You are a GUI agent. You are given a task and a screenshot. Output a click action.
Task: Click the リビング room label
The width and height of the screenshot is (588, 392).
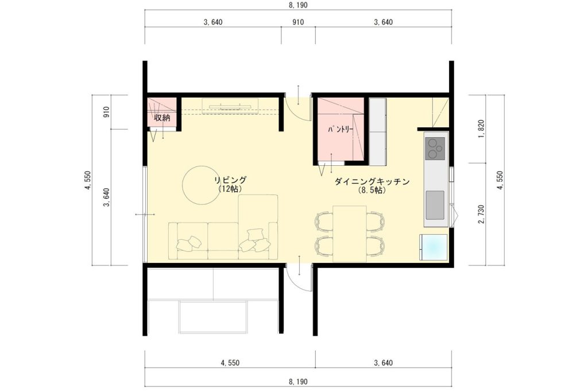click(x=230, y=180)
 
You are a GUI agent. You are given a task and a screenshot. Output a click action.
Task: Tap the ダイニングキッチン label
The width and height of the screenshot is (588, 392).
click(x=372, y=182)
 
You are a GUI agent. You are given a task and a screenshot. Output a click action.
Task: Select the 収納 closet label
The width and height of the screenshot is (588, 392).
click(x=162, y=117)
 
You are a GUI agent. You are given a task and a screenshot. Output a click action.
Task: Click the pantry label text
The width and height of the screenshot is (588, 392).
click(x=341, y=130)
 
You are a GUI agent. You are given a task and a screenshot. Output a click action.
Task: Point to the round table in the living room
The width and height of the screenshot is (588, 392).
click(x=200, y=185)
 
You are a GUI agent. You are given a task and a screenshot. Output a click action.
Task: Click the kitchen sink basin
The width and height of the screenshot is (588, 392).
click(x=435, y=205)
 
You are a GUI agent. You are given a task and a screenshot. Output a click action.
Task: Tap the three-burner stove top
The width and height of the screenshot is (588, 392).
click(x=435, y=148)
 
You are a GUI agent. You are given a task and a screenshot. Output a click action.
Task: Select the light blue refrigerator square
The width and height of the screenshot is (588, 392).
click(x=434, y=247)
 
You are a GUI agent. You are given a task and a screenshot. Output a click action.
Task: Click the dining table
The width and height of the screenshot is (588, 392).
click(x=350, y=234)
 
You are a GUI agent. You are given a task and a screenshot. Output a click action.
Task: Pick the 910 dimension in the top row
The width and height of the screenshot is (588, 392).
click(x=298, y=22)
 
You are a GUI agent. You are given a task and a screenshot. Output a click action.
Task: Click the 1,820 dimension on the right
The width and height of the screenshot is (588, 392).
click(x=482, y=129)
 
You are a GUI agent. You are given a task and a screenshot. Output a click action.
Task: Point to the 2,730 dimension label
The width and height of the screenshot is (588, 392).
click(x=482, y=214)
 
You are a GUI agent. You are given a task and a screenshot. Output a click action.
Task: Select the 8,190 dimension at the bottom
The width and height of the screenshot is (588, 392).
click(x=298, y=382)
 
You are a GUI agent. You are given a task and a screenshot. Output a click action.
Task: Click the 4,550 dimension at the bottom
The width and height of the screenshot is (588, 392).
click(x=230, y=363)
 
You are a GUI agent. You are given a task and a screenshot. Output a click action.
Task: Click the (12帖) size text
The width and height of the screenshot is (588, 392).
click(x=230, y=189)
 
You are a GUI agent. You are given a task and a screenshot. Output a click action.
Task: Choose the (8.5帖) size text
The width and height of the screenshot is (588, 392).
click(x=372, y=191)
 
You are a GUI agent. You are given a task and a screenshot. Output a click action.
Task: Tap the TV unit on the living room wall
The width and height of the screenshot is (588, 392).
click(x=230, y=105)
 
